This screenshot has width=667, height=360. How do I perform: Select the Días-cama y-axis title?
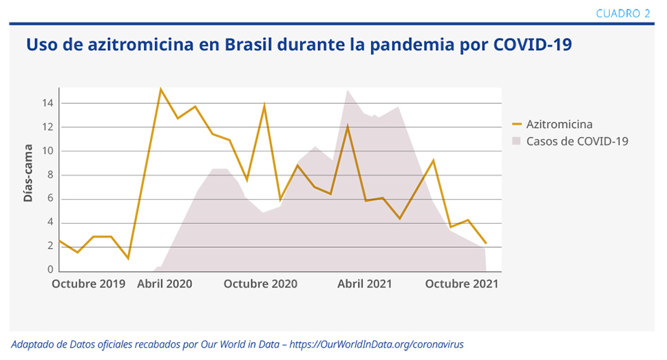click(x=28, y=172)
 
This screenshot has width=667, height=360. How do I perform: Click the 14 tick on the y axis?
click(x=47, y=103)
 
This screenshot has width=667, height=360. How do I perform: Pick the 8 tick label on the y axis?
click(x=50, y=175)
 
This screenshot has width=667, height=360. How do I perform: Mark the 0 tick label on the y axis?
click(x=50, y=270)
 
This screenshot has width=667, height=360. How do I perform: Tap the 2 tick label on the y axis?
click(x=50, y=246)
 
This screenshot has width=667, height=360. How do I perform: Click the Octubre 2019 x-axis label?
click(x=89, y=284)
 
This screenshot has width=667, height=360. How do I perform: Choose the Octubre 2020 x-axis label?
click(x=260, y=284)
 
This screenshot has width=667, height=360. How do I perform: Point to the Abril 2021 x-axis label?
click(x=365, y=284)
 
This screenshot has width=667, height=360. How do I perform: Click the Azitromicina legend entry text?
click(x=560, y=125)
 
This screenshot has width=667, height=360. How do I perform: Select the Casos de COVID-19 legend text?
click(x=578, y=141)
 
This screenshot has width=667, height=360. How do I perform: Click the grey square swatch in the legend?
click(x=518, y=141)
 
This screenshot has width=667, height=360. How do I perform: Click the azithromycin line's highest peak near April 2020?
click(x=160, y=89)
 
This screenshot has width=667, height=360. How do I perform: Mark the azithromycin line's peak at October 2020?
click(x=264, y=105)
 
